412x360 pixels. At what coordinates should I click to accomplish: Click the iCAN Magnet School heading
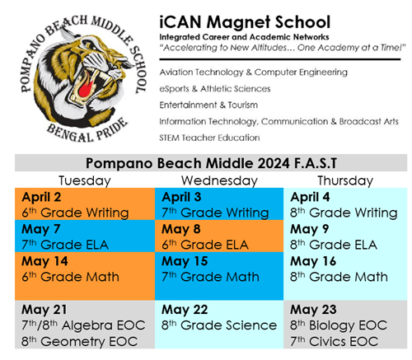coord(245,22)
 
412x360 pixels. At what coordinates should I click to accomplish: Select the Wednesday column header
coord(219,180)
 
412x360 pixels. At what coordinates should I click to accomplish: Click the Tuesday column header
coord(85,181)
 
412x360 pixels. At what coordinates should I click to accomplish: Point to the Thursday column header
coord(345,181)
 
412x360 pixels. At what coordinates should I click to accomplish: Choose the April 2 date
coord(41,197)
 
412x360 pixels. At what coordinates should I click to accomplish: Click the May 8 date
coord(181,229)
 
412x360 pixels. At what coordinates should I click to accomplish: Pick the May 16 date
coord(313,261)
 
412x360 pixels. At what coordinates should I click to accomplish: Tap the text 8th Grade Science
coord(219,325)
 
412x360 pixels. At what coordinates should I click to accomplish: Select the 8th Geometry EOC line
coord(79,342)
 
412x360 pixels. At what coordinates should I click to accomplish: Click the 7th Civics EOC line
coord(334,342)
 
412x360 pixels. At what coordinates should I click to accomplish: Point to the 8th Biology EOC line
coord(339,325)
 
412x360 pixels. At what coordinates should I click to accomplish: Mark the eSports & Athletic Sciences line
coord(215,89)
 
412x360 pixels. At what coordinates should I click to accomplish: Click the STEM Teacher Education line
coord(209,138)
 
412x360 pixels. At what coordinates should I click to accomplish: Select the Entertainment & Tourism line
coord(208,105)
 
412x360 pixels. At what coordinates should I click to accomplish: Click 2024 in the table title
coord(274,163)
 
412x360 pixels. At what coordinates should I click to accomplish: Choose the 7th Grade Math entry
coord(210,277)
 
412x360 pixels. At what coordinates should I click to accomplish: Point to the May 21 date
coord(44,310)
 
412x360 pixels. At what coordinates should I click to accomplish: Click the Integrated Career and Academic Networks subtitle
coord(244,37)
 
